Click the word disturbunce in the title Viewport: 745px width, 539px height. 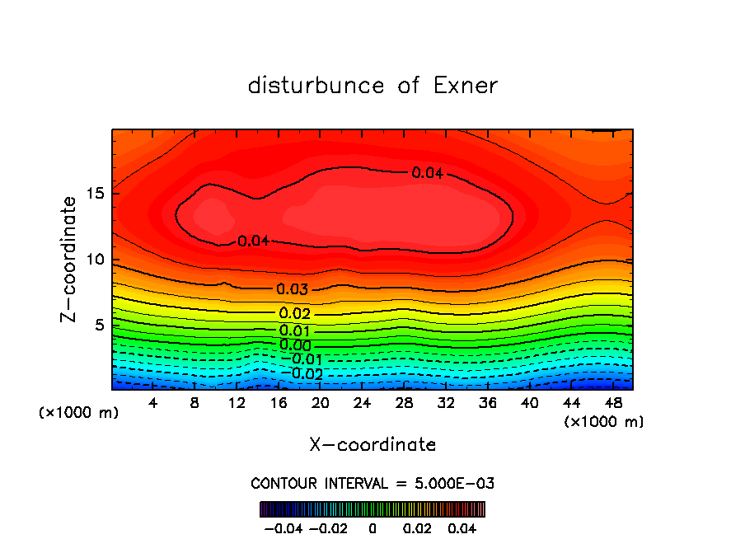coord(316,86)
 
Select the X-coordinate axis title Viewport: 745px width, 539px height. coord(372,445)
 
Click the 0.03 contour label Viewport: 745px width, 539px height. coord(293,289)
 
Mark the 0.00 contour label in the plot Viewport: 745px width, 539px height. coord(294,345)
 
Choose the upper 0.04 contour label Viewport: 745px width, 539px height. coord(428,173)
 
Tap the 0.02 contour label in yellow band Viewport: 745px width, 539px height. coord(294,314)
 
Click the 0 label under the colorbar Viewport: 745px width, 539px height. coord(372,527)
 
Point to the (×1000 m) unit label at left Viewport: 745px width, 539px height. coord(79,413)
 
